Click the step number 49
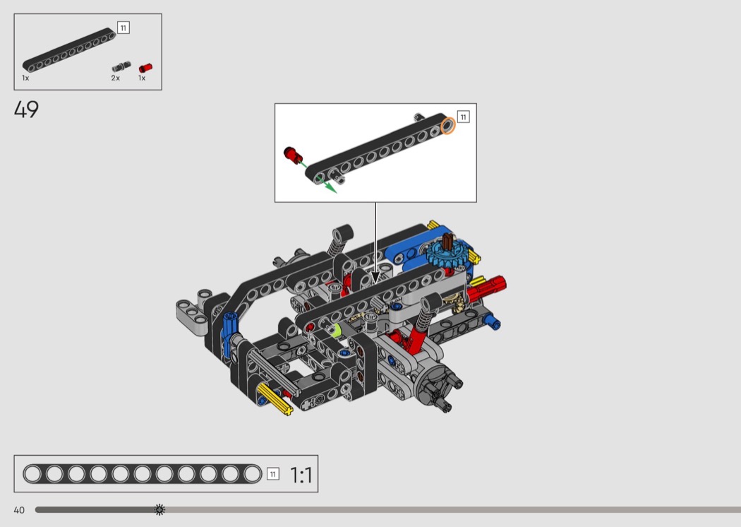(27, 109)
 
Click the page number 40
(19, 510)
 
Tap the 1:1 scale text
(301, 475)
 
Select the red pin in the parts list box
(145, 68)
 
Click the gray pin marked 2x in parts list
(121, 66)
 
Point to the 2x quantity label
(115, 78)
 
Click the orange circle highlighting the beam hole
(447, 126)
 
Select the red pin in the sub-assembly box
(293, 155)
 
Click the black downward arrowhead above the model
(375, 277)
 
